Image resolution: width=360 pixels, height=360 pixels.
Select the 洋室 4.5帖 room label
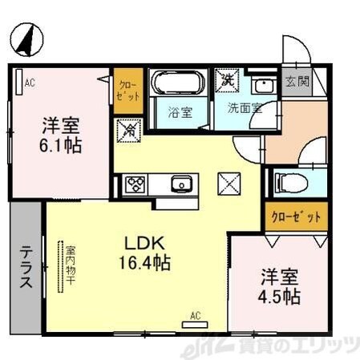pyautogui.click(x=279, y=286)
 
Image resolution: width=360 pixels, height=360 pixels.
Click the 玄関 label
pyautogui.click(x=293, y=82)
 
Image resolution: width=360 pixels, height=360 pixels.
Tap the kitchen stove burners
pyautogui.click(x=133, y=185)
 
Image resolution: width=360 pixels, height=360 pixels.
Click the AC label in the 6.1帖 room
pyautogui.click(x=29, y=82)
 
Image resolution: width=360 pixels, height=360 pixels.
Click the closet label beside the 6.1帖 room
pyautogui.click(x=127, y=89)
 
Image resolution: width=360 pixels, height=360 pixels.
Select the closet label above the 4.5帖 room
pyautogui.click(x=293, y=217)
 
